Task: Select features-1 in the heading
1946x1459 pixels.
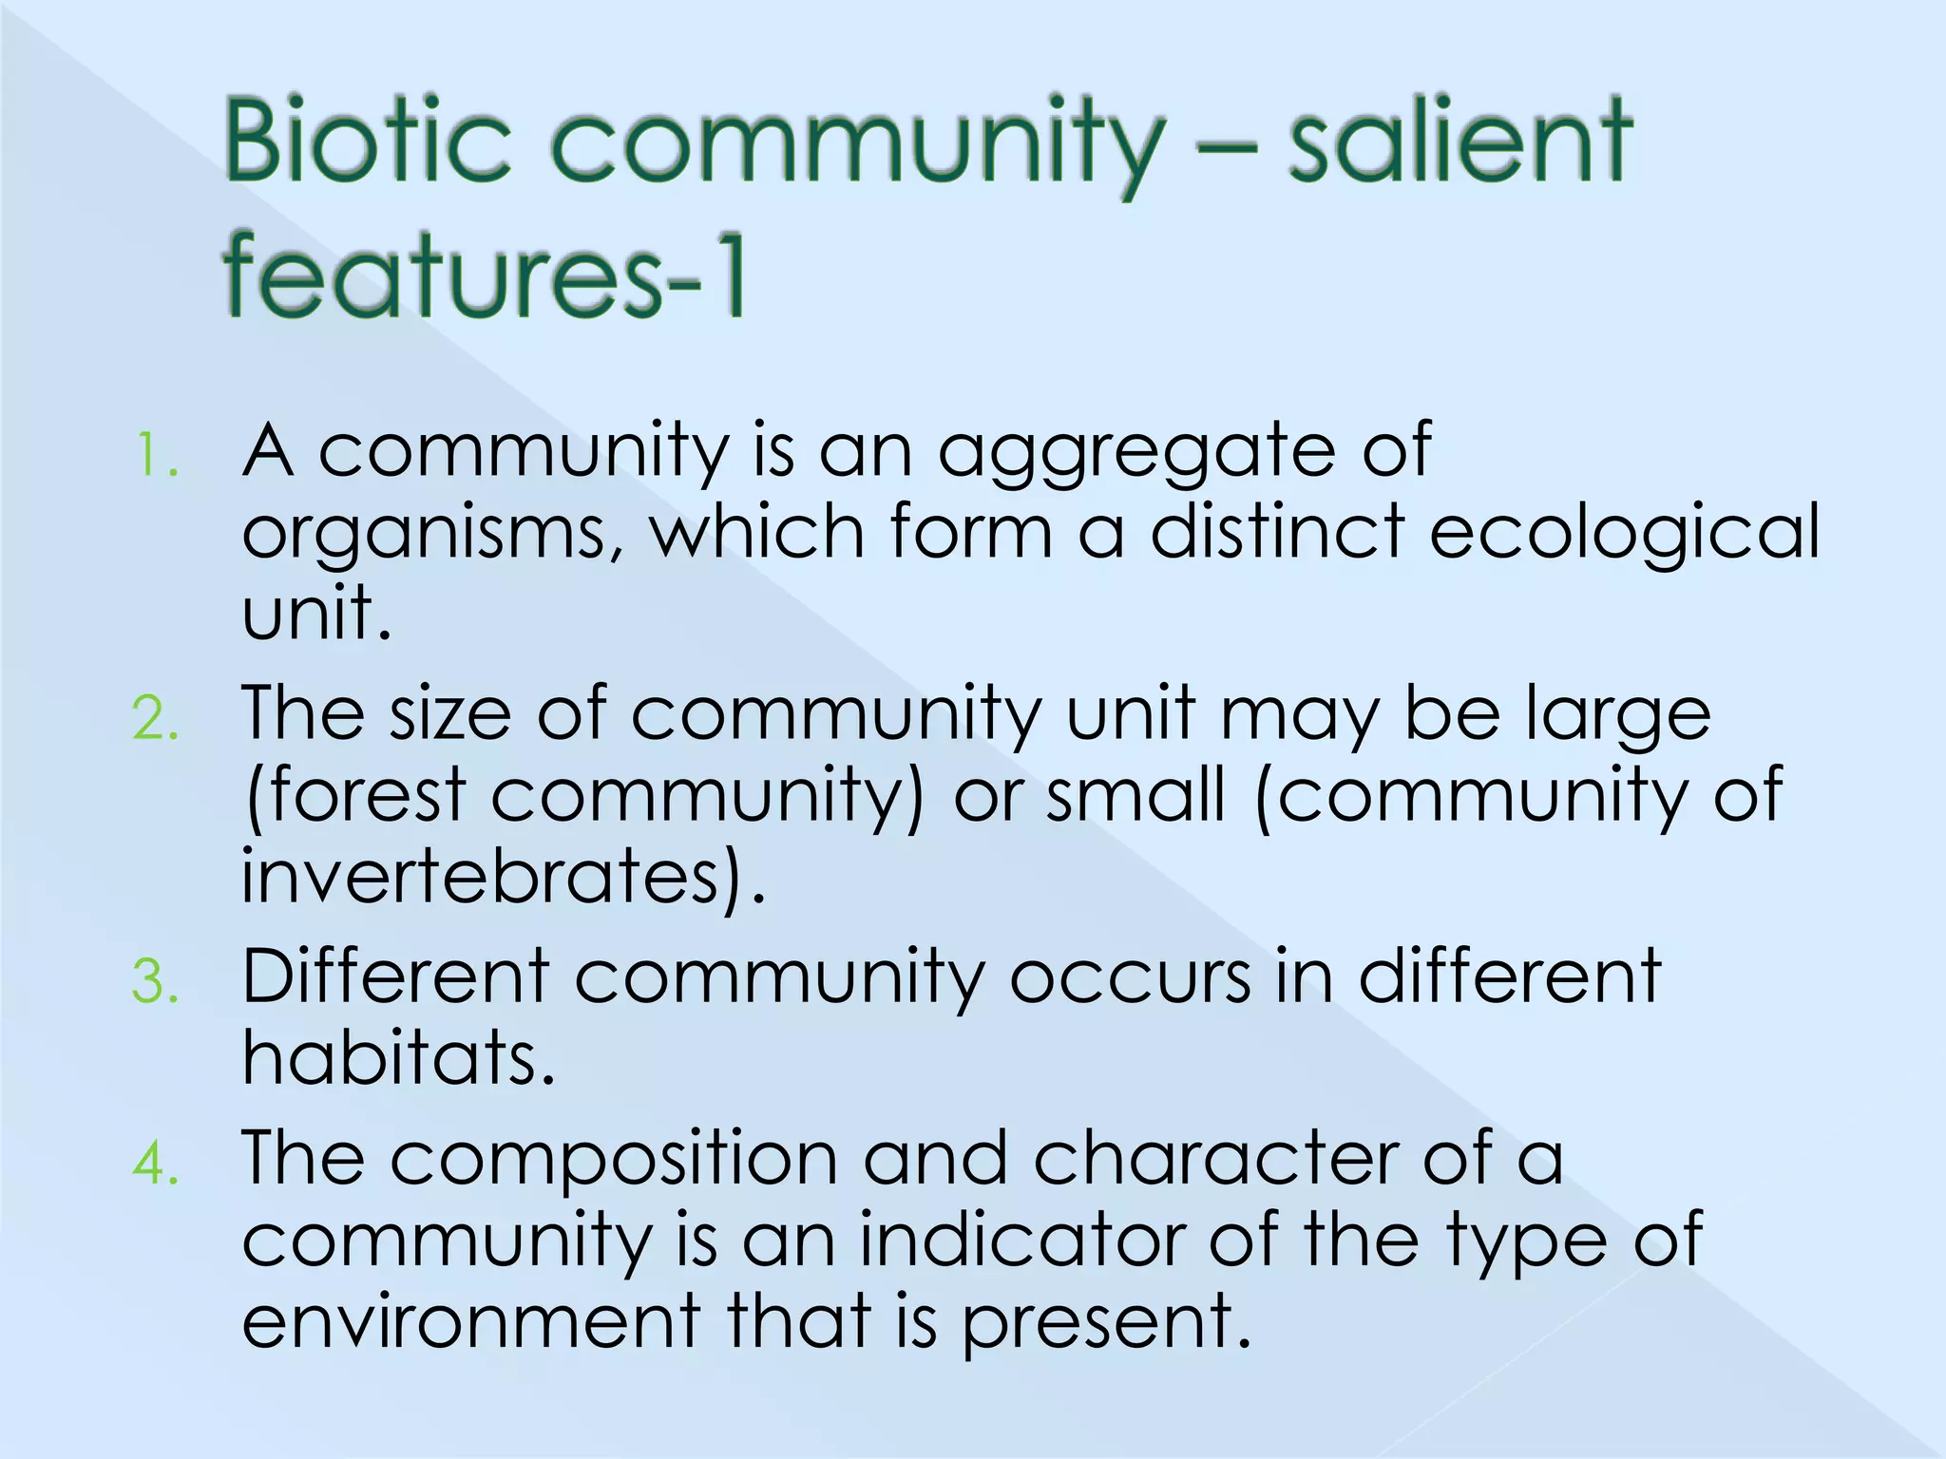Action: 485,277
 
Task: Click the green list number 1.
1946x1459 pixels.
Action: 155,456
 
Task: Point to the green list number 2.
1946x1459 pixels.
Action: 155,719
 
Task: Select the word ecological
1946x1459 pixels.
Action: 1625,532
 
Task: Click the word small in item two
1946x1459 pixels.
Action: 1135,795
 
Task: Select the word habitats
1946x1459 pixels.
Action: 397,1058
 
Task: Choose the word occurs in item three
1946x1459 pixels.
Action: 1130,978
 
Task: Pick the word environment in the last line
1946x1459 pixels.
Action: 471,1322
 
